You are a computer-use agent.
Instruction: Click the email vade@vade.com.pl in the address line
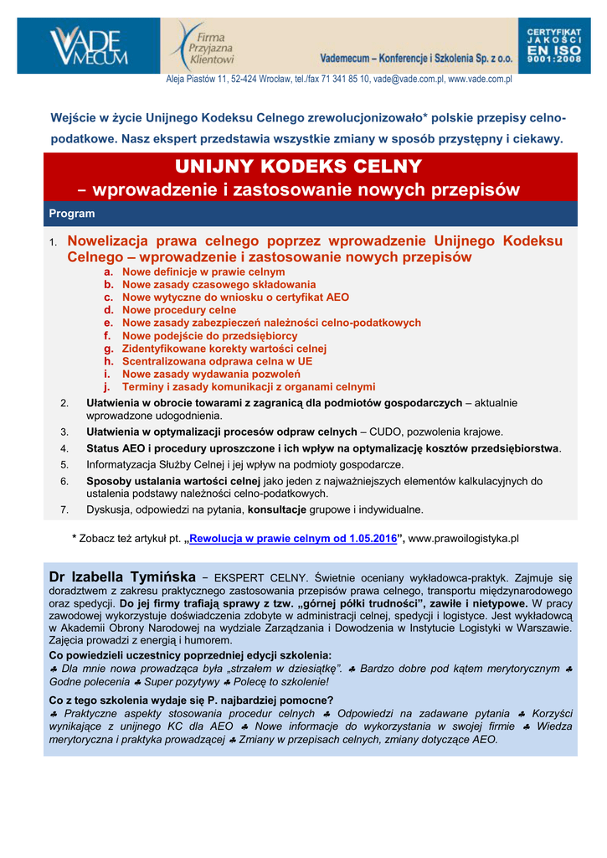pyautogui.click(x=408, y=80)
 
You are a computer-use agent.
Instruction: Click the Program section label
pyautogui.click(x=71, y=214)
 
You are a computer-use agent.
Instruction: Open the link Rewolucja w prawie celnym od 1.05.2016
pyautogui.click(x=293, y=538)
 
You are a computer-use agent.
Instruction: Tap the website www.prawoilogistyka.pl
pyautogui.click(x=464, y=538)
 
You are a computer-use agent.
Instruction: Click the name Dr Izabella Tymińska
pyautogui.click(x=122, y=577)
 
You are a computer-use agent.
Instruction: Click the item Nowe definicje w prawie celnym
pyautogui.click(x=203, y=272)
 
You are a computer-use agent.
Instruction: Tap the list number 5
pyautogui.click(x=64, y=464)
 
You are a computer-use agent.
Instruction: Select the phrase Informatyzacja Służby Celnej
pyautogui.click(x=152, y=464)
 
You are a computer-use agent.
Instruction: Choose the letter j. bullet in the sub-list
pyautogui.click(x=107, y=387)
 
